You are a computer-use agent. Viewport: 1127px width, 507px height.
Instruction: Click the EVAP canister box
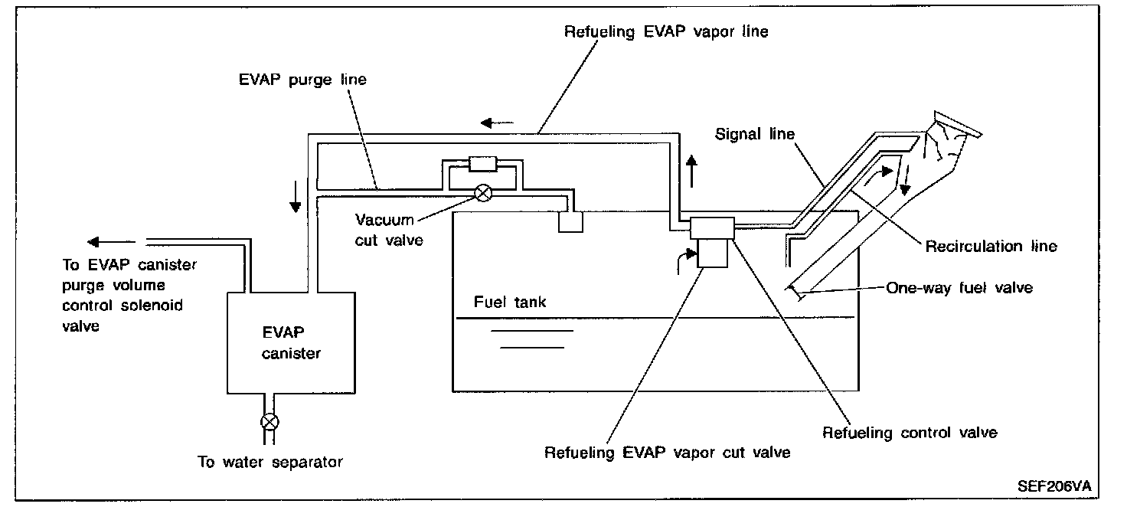[x=290, y=342]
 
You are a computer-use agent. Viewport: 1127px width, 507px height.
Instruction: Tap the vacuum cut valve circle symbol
[x=483, y=193]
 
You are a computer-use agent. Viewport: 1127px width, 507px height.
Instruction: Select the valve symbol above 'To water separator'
[x=269, y=420]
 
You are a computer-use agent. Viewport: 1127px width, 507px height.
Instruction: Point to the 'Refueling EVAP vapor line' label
[x=665, y=32]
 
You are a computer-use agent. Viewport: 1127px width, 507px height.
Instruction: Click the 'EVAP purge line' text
[x=301, y=80]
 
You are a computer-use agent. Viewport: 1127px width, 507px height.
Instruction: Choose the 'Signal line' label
[x=754, y=134]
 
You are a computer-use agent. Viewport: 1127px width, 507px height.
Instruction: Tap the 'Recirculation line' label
[x=991, y=246]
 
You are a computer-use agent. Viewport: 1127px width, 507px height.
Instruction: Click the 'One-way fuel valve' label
[x=959, y=288]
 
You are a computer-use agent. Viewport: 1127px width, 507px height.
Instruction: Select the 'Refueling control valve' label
[x=910, y=433]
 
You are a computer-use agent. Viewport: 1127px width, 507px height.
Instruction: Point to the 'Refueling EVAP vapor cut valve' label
[x=667, y=452]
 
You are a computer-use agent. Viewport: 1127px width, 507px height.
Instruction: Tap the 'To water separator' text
[x=269, y=462]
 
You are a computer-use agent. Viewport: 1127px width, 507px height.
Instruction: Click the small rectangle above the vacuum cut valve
[x=483, y=163]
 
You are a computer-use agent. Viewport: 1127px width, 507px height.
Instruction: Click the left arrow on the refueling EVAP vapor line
[x=494, y=123]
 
